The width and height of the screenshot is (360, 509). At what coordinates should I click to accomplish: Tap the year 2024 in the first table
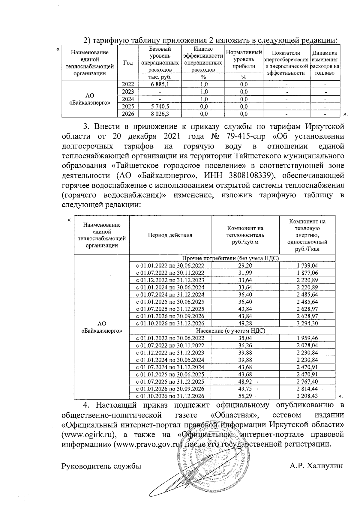pos(128,99)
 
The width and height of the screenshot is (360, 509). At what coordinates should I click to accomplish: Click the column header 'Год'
pos(128,63)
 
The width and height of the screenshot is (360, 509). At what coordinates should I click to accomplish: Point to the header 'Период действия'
pos(170,235)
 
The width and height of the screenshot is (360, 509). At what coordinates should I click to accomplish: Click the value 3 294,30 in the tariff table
pos(307,323)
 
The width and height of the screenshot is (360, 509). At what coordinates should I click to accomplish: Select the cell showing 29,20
pos(245,265)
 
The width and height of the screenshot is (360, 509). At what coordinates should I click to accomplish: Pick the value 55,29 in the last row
pos(245,396)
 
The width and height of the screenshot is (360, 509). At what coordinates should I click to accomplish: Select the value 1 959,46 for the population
pos(307,338)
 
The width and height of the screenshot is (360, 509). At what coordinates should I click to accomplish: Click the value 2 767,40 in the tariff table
pos(307,382)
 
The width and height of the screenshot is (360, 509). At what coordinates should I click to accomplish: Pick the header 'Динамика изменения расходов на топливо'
pos(325,63)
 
